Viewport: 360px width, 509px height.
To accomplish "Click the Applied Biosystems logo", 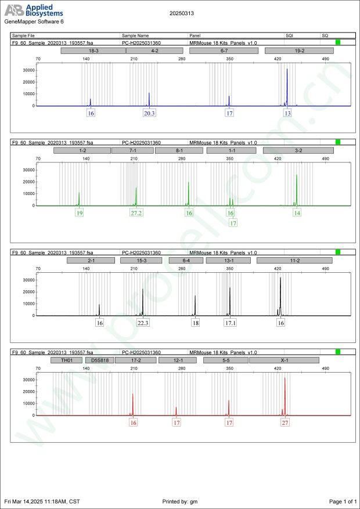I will coord(34,10).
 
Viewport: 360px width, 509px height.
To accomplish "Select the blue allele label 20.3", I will coord(149,114).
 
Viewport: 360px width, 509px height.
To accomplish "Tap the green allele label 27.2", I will coord(136,213).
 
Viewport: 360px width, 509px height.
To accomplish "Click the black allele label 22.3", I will coord(143,323).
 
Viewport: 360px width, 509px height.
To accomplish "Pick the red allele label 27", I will coord(285,423).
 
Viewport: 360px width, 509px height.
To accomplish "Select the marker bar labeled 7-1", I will coord(132,150).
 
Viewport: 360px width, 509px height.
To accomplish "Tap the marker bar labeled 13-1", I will coord(229,261).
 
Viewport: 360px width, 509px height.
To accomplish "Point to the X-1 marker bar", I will coord(284,360).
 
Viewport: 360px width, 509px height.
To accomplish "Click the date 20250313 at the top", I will coord(182,12).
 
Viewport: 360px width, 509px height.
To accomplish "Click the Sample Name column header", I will coord(135,35).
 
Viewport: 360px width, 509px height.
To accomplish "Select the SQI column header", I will coord(289,35).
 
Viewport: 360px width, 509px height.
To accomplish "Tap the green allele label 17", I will coord(233,223).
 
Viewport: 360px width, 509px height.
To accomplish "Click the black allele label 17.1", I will coord(230,323).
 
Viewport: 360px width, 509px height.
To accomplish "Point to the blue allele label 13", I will coord(287,114).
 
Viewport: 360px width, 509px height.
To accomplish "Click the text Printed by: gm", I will coord(181,501).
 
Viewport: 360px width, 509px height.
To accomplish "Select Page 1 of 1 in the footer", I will coord(342,501).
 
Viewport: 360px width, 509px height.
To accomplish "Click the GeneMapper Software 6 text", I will coord(34,21).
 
